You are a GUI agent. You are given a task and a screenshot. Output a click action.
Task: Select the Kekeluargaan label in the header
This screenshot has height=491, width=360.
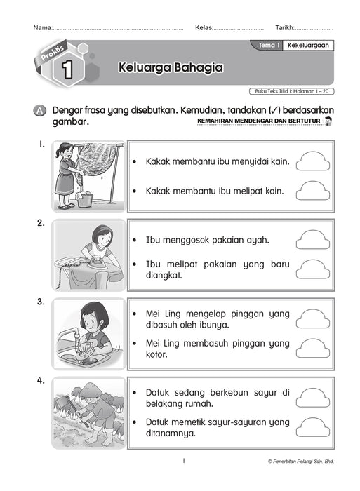click(x=309, y=45)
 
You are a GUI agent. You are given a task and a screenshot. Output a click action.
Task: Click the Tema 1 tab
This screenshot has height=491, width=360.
click(x=269, y=45)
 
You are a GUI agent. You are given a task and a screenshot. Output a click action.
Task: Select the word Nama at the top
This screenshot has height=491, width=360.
click(x=41, y=27)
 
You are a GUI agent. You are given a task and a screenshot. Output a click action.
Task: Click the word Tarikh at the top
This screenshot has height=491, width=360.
click(x=286, y=27)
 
